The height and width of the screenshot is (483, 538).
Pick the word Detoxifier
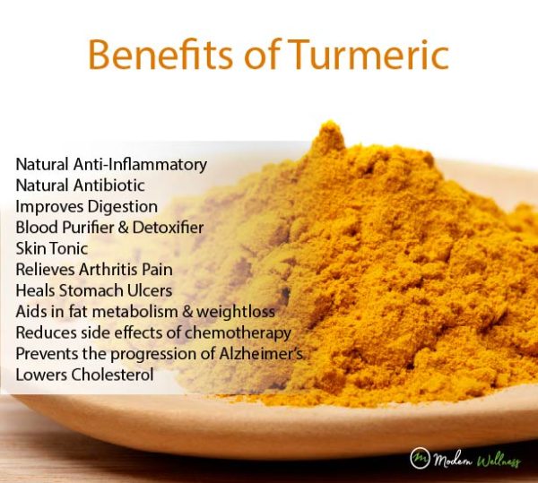pyautogui.click(x=167, y=228)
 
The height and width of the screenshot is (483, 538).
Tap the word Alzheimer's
pyautogui.click(x=264, y=353)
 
